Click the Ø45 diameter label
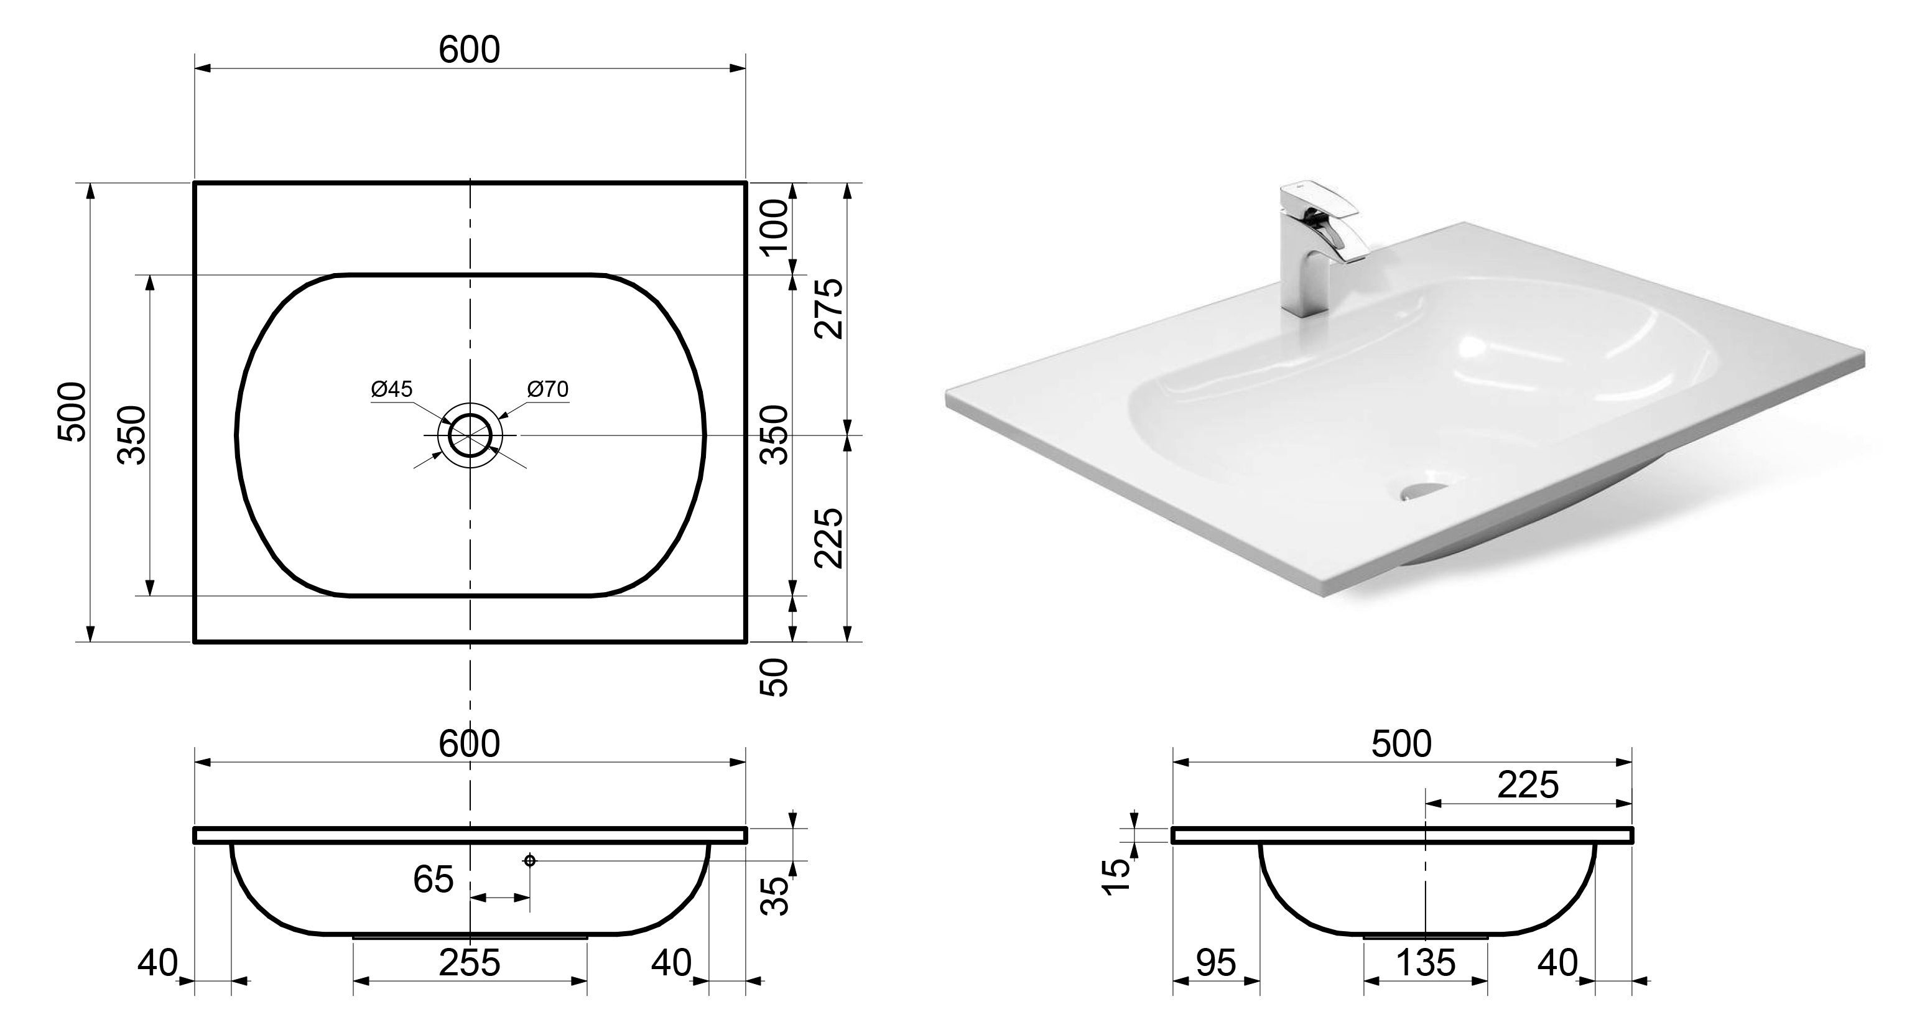click(392, 389)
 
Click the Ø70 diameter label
click(548, 389)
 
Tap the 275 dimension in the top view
click(830, 309)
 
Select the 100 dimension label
click(775, 226)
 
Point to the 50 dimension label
click(775, 677)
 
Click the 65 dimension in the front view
click(433, 880)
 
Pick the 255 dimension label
click(470, 963)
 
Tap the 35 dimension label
click(775, 896)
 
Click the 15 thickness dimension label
click(1118, 878)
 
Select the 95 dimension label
click(1215, 963)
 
